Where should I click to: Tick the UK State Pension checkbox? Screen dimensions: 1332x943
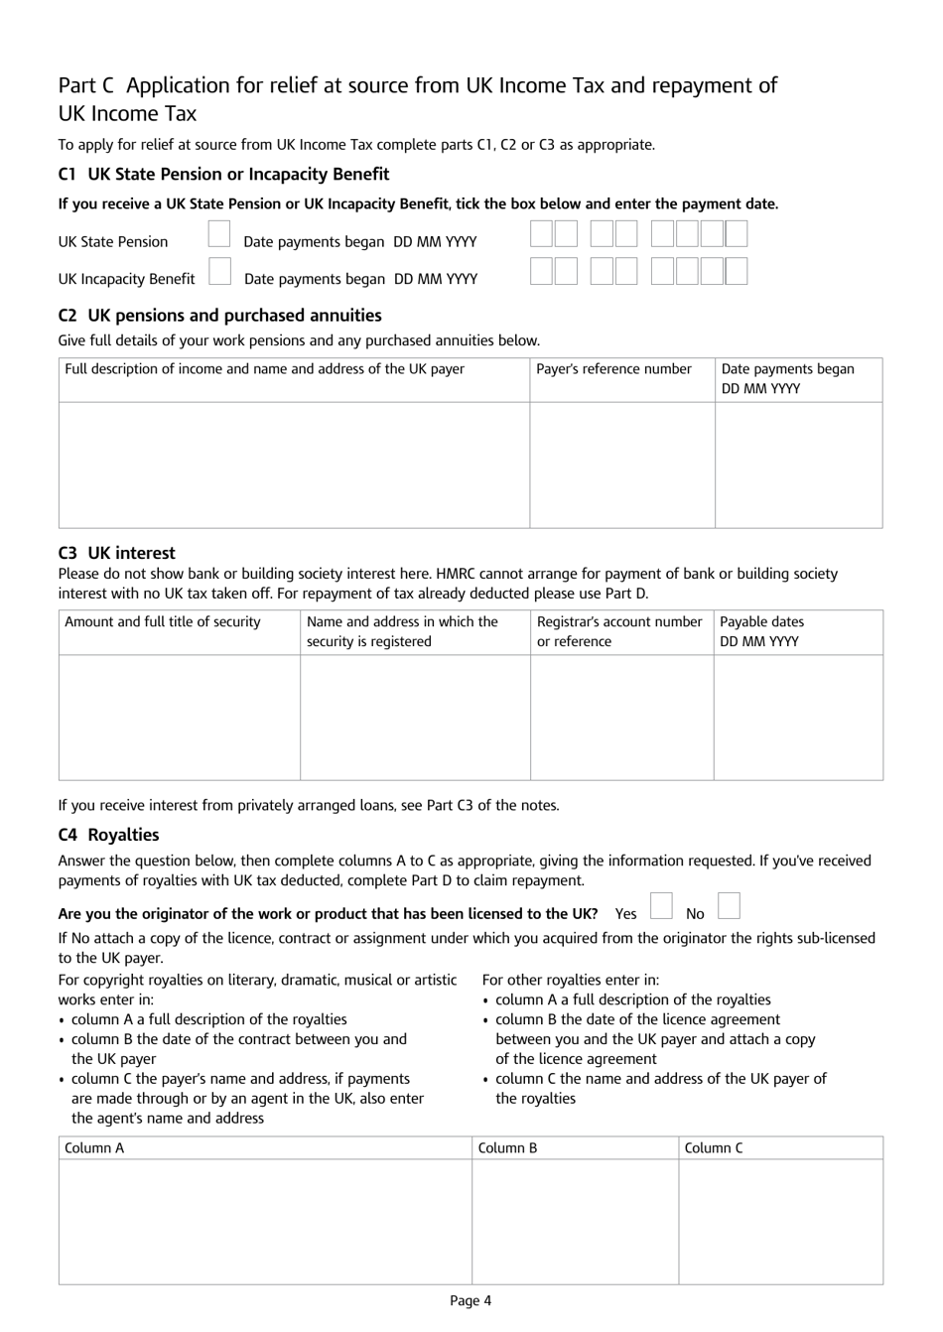[x=219, y=235]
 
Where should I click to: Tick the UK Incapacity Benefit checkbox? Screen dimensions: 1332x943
[x=220, y=272]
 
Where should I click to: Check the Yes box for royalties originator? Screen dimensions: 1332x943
[x=661, y=906]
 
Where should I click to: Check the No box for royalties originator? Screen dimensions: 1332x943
[x=729, y=906]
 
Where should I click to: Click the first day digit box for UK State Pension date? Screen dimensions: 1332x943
[x=541, y=234]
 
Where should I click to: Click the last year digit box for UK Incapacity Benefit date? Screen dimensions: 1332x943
[x=736, y=272]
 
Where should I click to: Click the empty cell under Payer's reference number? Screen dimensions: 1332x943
[x=621, y=464]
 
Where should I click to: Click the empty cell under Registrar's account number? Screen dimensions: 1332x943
[x=621, y=717]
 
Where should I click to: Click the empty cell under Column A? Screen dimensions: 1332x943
[x=265, y=1221]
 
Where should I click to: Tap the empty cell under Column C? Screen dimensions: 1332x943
[x=780, y=1221]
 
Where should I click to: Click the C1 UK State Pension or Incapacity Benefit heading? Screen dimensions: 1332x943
[x=223, y=175]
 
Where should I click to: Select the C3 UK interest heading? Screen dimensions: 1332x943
[x=116, y=554]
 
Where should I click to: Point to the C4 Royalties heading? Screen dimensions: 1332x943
[x=108, y=836]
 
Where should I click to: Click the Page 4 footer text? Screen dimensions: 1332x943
[x=471, y=1301]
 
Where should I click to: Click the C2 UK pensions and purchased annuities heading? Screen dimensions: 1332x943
[x=219, y=316]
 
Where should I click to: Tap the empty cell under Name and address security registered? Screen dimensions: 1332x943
[x=415, y=717]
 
